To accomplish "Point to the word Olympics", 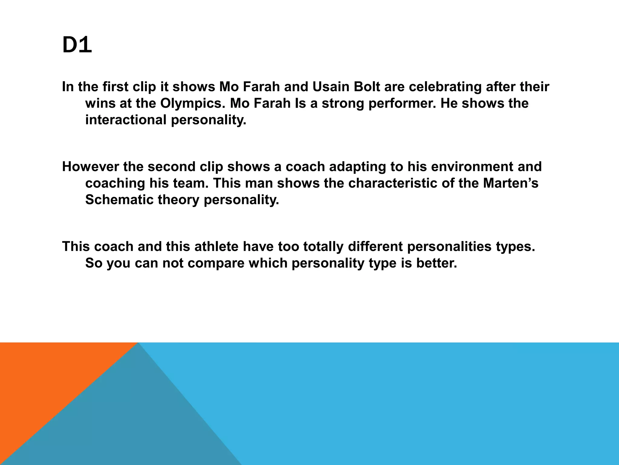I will [193, 104].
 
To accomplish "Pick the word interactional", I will [126, 120].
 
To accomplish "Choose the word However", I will [88, 167].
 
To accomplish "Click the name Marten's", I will [511, 183].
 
